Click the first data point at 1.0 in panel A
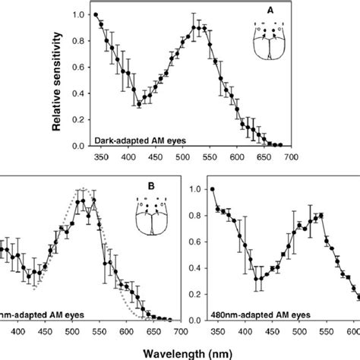pos(96,14)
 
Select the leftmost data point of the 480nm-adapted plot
pos(213,189)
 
